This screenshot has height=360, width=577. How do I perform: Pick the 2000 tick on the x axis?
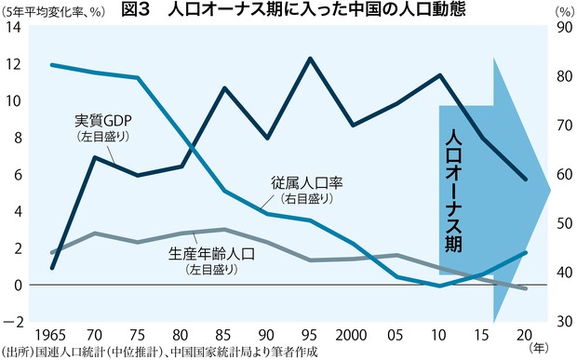[x=353, y=333]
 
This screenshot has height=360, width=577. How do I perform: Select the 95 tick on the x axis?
[x=309, y=333]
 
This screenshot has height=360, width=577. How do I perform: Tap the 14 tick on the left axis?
[x=12, y=28]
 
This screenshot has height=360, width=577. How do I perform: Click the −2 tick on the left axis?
[x=12, y=322]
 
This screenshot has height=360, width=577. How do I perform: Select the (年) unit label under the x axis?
[x=539, y=345]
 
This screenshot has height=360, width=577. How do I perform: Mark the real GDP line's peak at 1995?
[x=309, y=59]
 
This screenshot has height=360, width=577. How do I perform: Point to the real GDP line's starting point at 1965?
[x=51, y=268]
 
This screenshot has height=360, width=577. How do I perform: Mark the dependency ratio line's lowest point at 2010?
[x=439, y=286]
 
